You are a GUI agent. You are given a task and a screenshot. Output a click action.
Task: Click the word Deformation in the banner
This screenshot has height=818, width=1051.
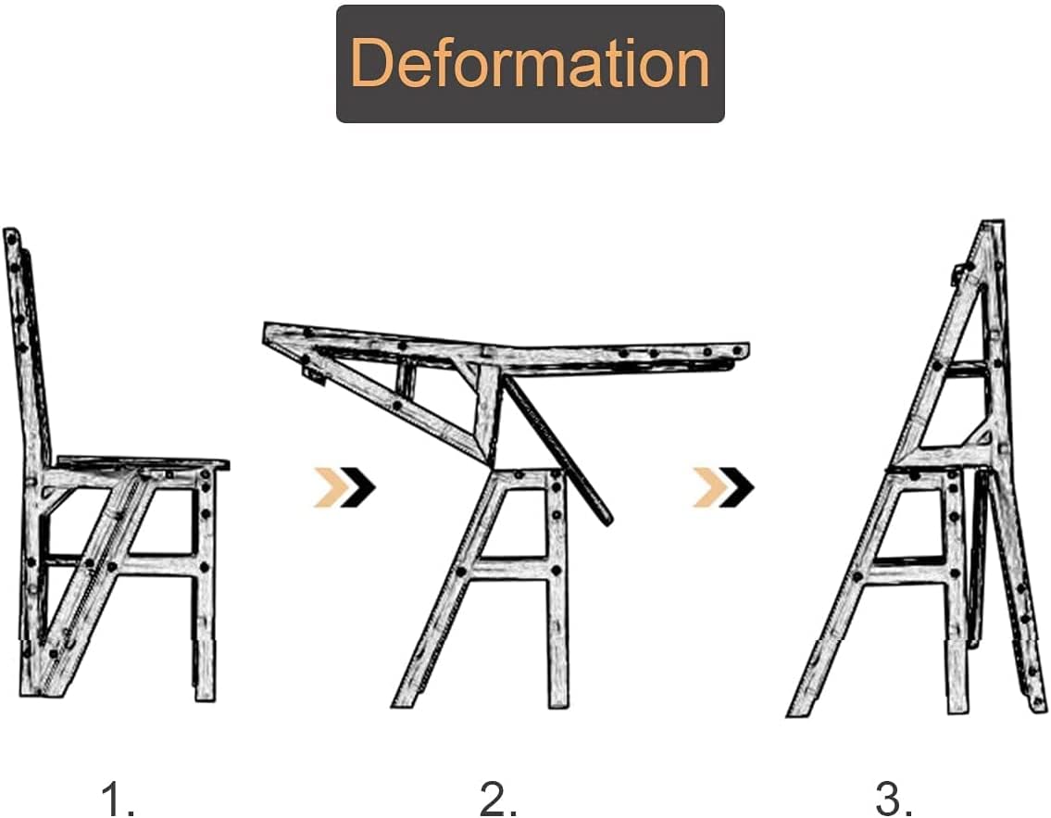click(x=530, y=63)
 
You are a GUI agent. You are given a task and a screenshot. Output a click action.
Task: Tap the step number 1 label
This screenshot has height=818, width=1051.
click(x=118, y=798)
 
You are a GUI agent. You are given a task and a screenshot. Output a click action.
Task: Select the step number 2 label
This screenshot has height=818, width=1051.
click(x=498, y=798)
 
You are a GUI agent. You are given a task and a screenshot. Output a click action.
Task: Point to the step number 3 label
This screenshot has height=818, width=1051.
click(x=895, y=798)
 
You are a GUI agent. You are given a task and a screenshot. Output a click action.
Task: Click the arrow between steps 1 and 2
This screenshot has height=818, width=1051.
click(x=344, y=487)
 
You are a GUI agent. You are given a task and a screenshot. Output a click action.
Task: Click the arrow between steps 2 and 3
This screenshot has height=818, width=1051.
click(x=723, y=487)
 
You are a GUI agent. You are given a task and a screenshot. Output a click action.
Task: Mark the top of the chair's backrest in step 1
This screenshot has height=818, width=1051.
click(x=12, y=237)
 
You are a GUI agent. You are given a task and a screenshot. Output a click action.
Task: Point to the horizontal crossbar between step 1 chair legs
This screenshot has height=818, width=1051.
click(x=157, y=563)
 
